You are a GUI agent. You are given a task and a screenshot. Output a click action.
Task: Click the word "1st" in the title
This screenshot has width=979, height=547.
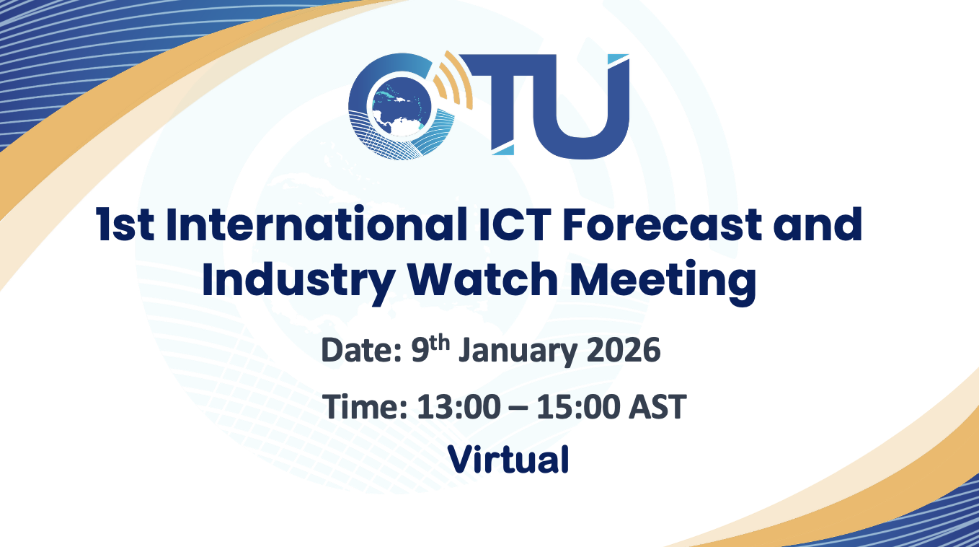[x=125, y=225]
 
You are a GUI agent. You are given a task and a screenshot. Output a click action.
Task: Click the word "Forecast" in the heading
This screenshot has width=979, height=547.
[x=662, y=224]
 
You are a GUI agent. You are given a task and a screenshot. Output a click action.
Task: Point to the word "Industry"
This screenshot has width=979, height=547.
[x=298, y=281]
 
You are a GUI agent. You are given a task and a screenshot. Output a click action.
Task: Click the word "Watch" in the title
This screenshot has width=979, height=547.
[x=482, y=279]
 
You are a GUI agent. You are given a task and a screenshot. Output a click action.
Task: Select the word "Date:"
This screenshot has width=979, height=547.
[x=361, y=350]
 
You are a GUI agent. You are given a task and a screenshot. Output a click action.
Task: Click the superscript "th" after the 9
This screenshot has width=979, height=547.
[x=439, y=343]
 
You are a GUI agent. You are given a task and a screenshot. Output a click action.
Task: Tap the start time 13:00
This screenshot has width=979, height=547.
[x=459, y=407]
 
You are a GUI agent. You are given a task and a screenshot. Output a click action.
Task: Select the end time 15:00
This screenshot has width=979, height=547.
[x=577, y=407]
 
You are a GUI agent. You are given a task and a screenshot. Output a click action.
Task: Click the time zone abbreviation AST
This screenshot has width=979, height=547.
[x=657, y=407]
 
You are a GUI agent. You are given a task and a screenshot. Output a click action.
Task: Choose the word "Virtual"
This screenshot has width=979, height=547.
[x=508, y=460]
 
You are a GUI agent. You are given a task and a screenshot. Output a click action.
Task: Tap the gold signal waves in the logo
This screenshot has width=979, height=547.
[x=453, y=79]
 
